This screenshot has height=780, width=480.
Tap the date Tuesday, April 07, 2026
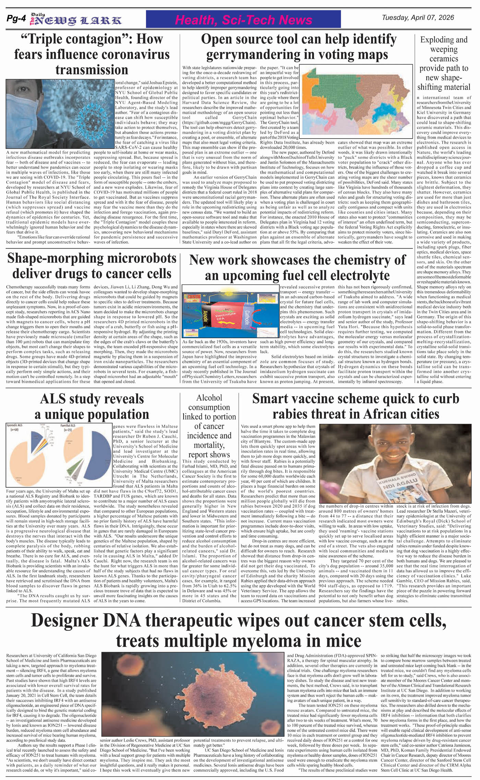tap(418, 18)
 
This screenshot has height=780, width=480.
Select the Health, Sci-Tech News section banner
tap(243, 20)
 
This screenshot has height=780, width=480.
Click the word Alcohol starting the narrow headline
tap(209, 398)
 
